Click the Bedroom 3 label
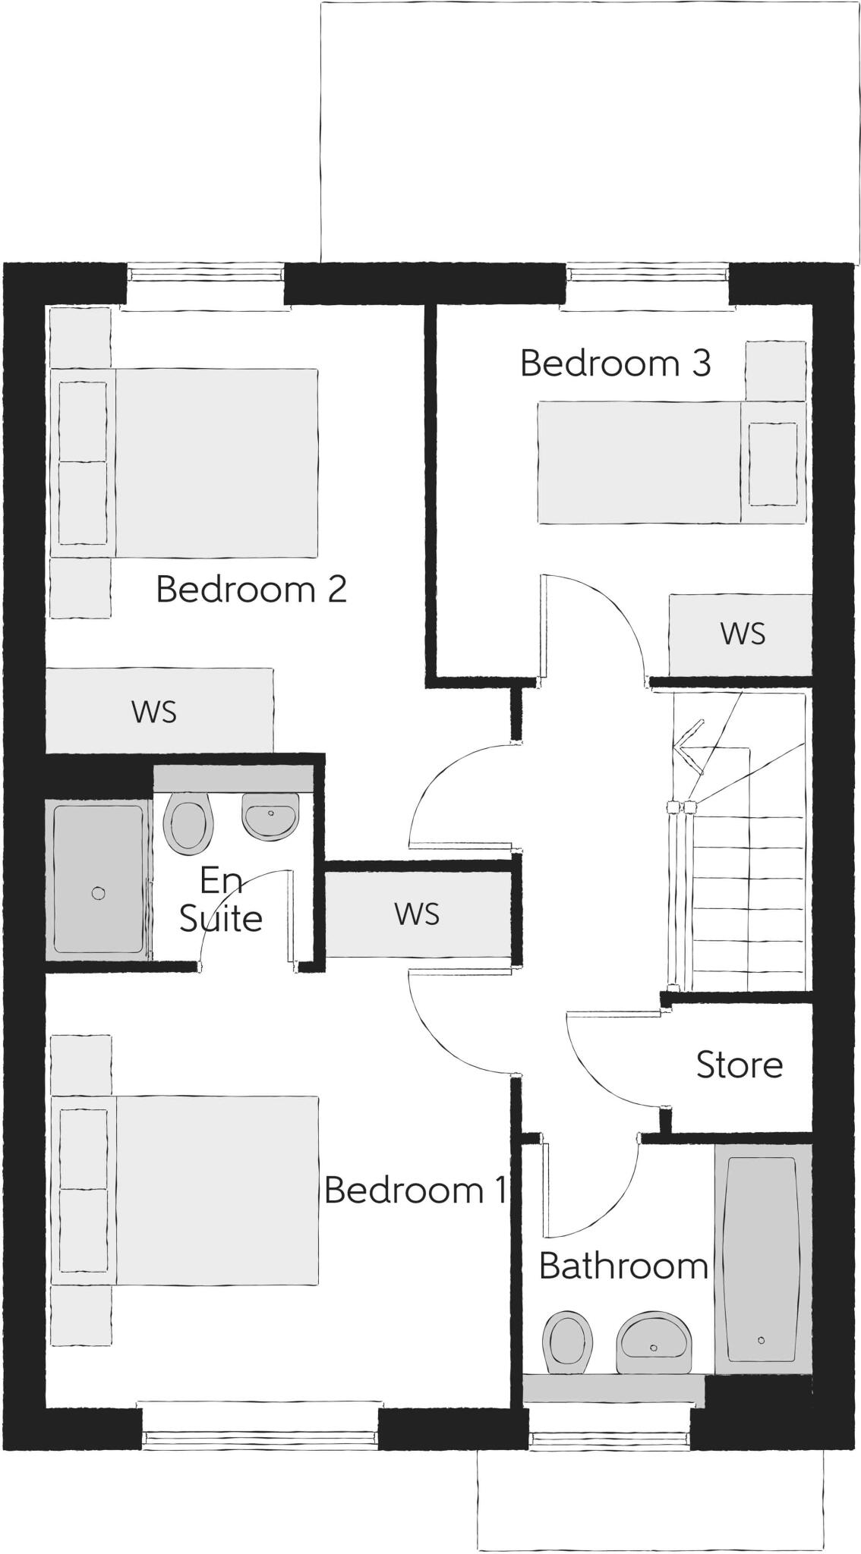point(615,363)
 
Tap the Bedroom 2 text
point(251,590)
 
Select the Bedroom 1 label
point(415,1190)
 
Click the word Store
point(739,1065)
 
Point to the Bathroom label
point(623,1266)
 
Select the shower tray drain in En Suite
point(98,893)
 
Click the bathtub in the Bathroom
point(761,1259)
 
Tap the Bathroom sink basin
point(654,1344)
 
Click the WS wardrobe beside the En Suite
point(417,914)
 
